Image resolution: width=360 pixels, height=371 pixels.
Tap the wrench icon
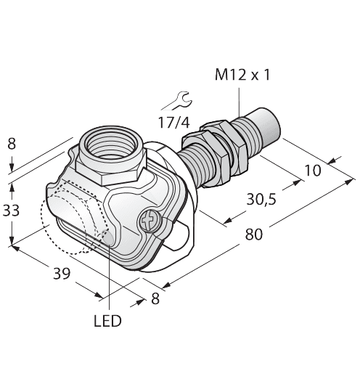pyautogui.click(x=177, y=99)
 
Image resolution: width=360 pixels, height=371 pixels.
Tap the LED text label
pyautogui.click(x=107, y=320)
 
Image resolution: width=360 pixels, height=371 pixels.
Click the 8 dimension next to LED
pyautogui.click(x=155, y=298)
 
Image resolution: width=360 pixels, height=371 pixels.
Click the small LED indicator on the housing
pyautogui.click(x=109, y=234)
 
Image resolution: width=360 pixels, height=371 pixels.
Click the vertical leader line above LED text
pyautogui.click(x=109, y=283)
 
